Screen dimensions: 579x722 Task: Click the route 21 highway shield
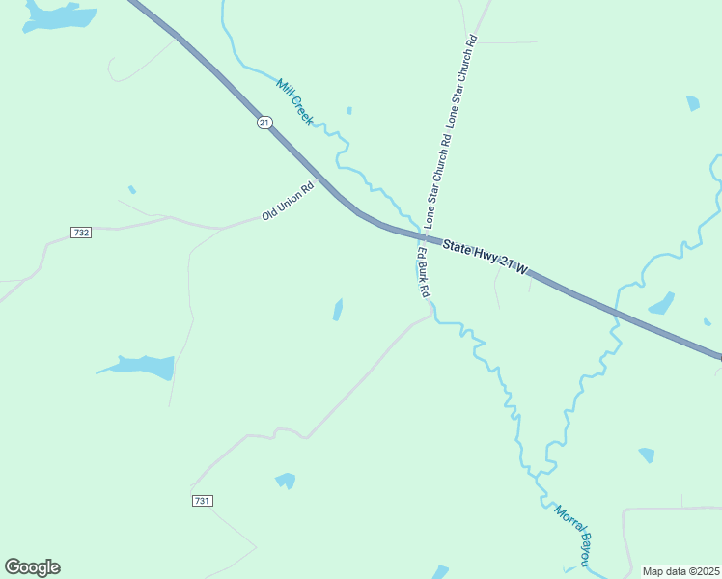coord(264,123)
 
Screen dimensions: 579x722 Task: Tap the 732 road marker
coord(81,233)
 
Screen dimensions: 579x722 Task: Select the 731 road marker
coord(202,500)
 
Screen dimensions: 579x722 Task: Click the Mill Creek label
coord(295,102)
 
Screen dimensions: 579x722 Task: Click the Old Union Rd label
coord(289,202)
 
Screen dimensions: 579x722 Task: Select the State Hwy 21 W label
coord(486,258)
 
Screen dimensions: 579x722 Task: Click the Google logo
coord(33,567)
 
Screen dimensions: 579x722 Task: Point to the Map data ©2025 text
coord(680,571)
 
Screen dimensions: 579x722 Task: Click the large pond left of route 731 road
coord(141,367)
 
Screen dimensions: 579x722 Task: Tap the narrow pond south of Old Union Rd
coord(337,310)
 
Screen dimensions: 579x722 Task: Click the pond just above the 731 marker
coord(285,480)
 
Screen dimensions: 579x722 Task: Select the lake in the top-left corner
coord(58,15)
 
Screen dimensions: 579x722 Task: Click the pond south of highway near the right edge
coord(662,304)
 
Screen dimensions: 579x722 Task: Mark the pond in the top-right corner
coord(692,103)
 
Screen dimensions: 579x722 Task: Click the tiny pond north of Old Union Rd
coord(132,189)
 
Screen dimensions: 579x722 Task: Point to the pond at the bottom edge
coord(440,572)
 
